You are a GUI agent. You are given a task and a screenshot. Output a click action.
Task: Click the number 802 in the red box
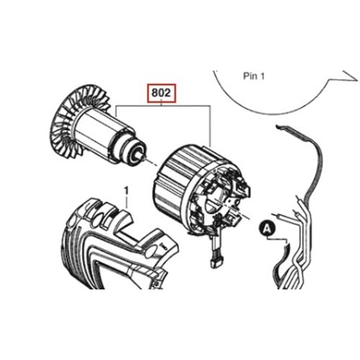click(x=161, y=93)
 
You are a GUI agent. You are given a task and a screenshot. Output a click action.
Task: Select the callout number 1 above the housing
click(x=127, y=191)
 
